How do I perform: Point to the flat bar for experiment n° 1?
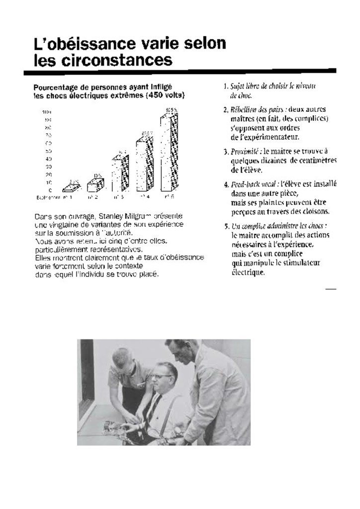[x=71, y=188]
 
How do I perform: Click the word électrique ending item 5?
[x=246, y=272]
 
